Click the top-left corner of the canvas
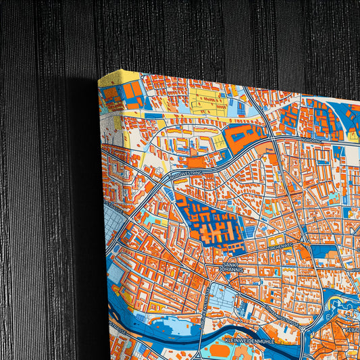pos(100,80)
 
